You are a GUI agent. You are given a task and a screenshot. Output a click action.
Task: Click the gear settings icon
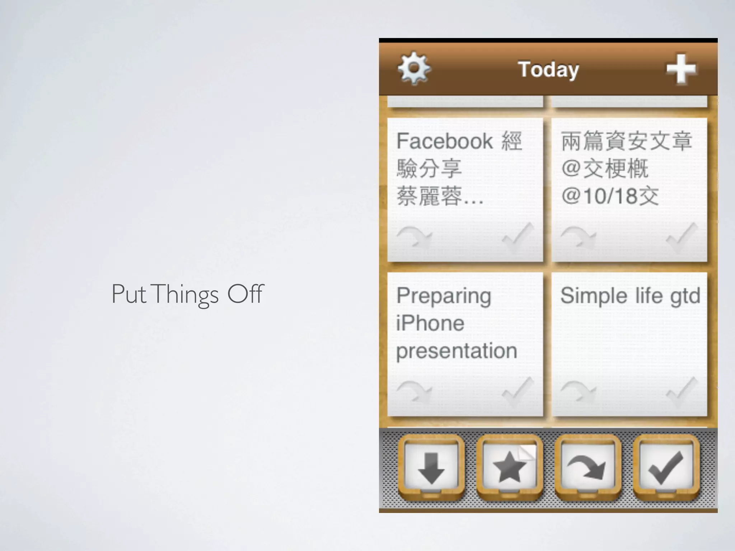414,68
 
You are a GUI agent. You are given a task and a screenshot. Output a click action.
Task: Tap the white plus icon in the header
681,69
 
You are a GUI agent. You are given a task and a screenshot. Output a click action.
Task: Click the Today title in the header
548,69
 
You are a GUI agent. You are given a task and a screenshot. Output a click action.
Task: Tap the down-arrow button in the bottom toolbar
431,468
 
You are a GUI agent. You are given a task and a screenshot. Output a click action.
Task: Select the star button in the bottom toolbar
509,468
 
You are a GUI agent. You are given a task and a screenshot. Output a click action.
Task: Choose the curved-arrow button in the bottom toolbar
587,468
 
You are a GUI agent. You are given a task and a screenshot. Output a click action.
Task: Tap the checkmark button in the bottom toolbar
666,468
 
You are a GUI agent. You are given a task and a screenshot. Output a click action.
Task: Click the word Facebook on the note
444,141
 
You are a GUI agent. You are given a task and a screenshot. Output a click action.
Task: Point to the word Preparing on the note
444,296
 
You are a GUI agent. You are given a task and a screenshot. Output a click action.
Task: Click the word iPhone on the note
430,323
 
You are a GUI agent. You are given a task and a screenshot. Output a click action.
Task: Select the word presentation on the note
457,350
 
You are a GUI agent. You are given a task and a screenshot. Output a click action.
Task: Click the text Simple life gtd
630,296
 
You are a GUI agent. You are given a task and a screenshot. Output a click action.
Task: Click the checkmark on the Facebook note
517,237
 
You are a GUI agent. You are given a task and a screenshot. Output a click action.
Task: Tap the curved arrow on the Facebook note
414,237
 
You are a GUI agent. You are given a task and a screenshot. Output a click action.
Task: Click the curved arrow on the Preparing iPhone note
414,392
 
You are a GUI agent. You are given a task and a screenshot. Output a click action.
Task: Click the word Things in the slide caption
186,294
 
